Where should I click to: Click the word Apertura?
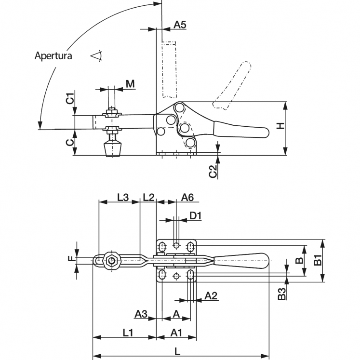click(53, 56)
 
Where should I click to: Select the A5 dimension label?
click(180, 24)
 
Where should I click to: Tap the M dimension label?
click(130, 84)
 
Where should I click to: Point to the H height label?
click(280, 126)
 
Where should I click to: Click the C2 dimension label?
click(213, 171)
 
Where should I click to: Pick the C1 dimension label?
click(71, 98)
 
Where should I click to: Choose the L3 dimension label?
click(123, 197)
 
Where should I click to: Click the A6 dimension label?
click(187, 197)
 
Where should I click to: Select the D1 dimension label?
click(195, 215)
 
